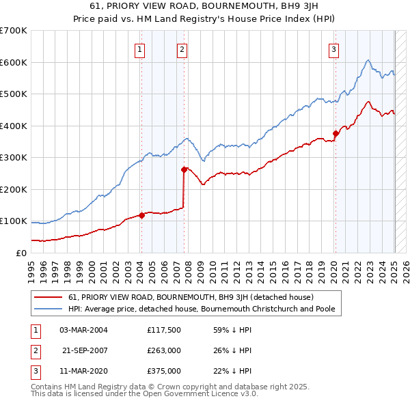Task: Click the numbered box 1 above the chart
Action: coord(139,49)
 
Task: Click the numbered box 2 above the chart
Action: coord(182,49)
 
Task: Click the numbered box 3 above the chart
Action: coord(333,49)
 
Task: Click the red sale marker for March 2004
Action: coord(141,215)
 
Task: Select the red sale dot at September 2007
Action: coord(184,169)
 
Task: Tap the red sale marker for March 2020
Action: coord(336,134)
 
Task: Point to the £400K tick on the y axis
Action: coord(14,126)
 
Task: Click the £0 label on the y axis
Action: coord(20,253)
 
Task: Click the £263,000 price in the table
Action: coord(164,350)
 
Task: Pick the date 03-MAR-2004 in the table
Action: coord(84,330)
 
